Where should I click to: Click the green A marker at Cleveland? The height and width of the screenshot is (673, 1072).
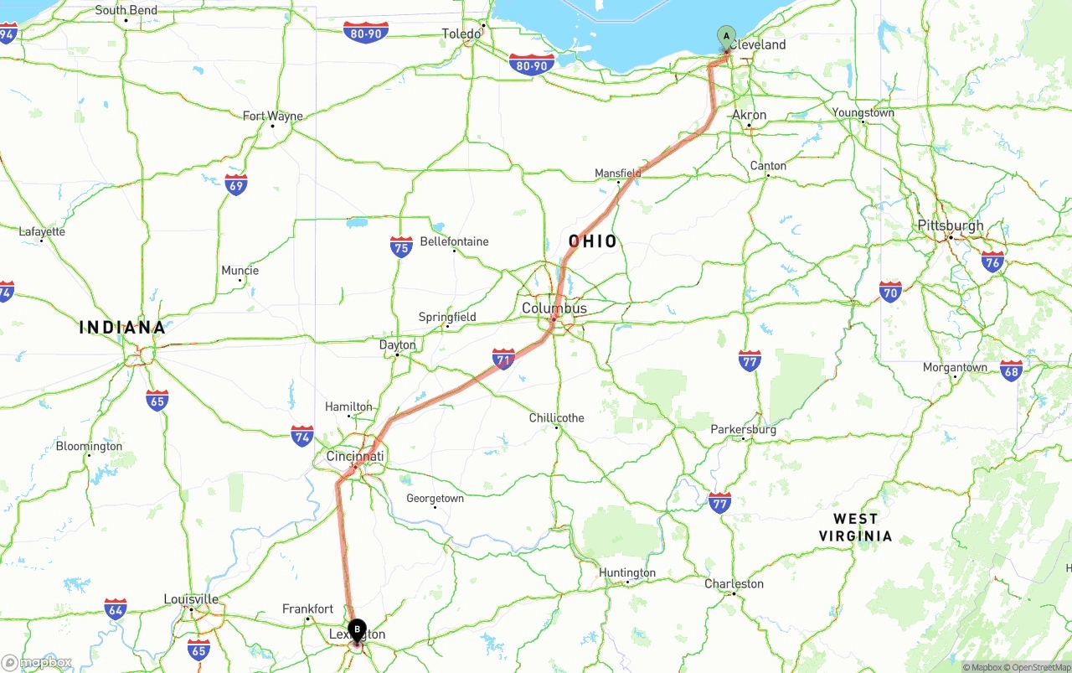coord(726,37)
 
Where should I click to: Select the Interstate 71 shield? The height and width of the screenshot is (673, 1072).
coord(503,360)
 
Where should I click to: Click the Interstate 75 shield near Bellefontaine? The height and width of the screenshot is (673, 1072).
coord(401,246)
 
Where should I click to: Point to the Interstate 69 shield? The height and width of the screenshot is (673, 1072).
coord(236,185)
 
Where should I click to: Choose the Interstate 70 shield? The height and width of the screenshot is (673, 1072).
coord(890,292)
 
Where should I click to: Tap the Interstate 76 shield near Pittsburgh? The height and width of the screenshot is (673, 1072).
coord(992,261)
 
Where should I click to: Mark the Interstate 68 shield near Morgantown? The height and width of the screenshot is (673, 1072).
coord(1011,370)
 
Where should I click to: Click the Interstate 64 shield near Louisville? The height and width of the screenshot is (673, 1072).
coord(116,608)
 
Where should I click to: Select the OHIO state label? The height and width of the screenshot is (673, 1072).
coord(593,242)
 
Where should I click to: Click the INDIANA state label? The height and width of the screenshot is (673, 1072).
coord(122,328)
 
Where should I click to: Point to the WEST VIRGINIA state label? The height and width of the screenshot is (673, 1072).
coord(855,527)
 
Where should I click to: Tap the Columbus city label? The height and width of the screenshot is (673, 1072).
coord(554,308)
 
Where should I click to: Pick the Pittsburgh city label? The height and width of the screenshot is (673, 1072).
coord(951,225)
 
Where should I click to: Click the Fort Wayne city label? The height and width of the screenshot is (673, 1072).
coord(273,116)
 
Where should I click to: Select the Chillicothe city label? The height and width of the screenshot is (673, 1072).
coord(557,418)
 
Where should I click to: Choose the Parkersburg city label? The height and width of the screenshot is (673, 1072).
coord(743,430)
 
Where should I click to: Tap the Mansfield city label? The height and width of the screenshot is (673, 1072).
coord(617,173)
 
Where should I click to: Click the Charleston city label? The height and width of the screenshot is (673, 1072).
coord(734,584)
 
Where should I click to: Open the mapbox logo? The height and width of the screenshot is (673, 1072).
coord(37,663)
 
